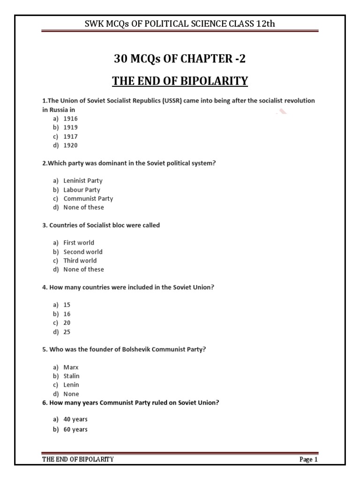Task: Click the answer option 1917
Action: click(71, 136)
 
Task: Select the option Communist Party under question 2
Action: click(88, 198)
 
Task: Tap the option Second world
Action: click(83, 252)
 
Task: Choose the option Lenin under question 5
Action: click(71, 385)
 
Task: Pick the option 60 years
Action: click(75, 429)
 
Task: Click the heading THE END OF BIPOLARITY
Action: click(180, 81)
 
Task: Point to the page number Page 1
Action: click(308, 459)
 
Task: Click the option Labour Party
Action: click(82, 190)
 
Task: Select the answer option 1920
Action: click(71, 145)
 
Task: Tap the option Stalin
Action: click(72, 376)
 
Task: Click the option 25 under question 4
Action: click(67, 332)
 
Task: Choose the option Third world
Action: click(80, 261)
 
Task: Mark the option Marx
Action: click(71, 367)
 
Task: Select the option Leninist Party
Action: click(83, 180)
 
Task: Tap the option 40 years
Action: click(75, 419)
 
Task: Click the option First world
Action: click(79, 243)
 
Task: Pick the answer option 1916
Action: click(71, 119)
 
